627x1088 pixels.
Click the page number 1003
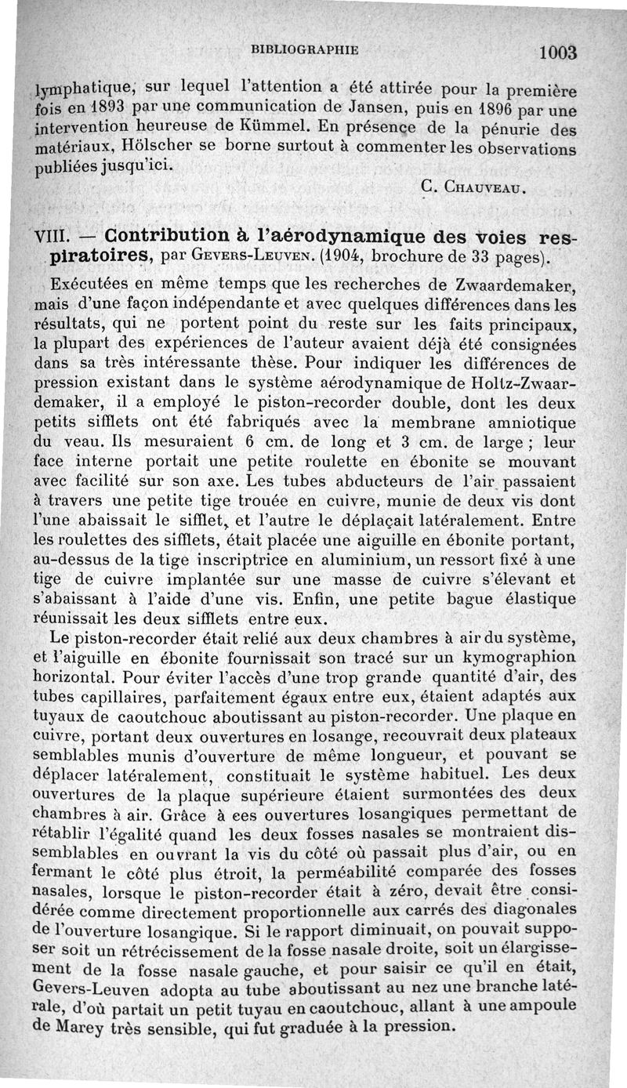558,53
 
